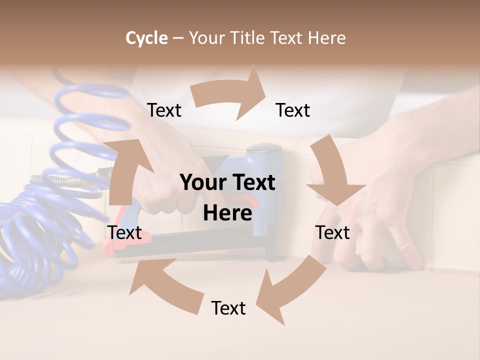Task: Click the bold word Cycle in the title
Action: coord(146,38)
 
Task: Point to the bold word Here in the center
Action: coord(227,213)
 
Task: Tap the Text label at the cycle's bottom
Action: coord(228,308)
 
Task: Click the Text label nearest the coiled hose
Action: coord(124,232)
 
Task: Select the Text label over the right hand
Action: coord(332,232)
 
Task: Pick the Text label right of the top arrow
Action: coord(293,110)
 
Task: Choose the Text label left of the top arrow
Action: coord(164,110)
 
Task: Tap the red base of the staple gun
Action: coord(125,245)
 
